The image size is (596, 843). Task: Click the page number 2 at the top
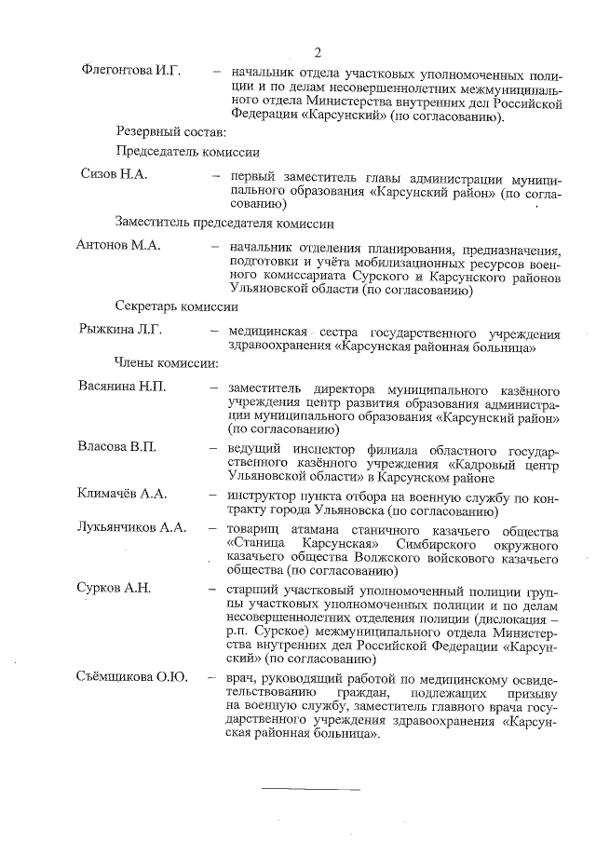[317, 51]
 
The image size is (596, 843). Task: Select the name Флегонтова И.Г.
[130, 71]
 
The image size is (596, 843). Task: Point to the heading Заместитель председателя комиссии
[224, 223]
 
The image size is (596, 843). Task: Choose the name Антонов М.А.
[118, 245]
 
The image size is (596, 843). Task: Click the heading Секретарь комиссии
[177, 306]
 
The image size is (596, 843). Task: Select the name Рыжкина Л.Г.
[118, 329]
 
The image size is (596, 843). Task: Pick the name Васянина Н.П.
[119, 387]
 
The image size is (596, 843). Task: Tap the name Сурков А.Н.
[113, 588]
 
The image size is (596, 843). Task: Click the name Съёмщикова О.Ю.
[130, 676]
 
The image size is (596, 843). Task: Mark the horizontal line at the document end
[310, 788]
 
